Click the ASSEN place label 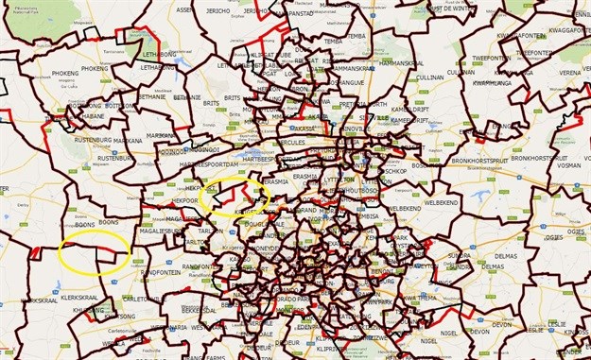coord(184,10)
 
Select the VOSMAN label coord(568,165)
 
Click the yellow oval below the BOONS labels coord(94,254)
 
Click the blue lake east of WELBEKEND coord(474,195)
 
